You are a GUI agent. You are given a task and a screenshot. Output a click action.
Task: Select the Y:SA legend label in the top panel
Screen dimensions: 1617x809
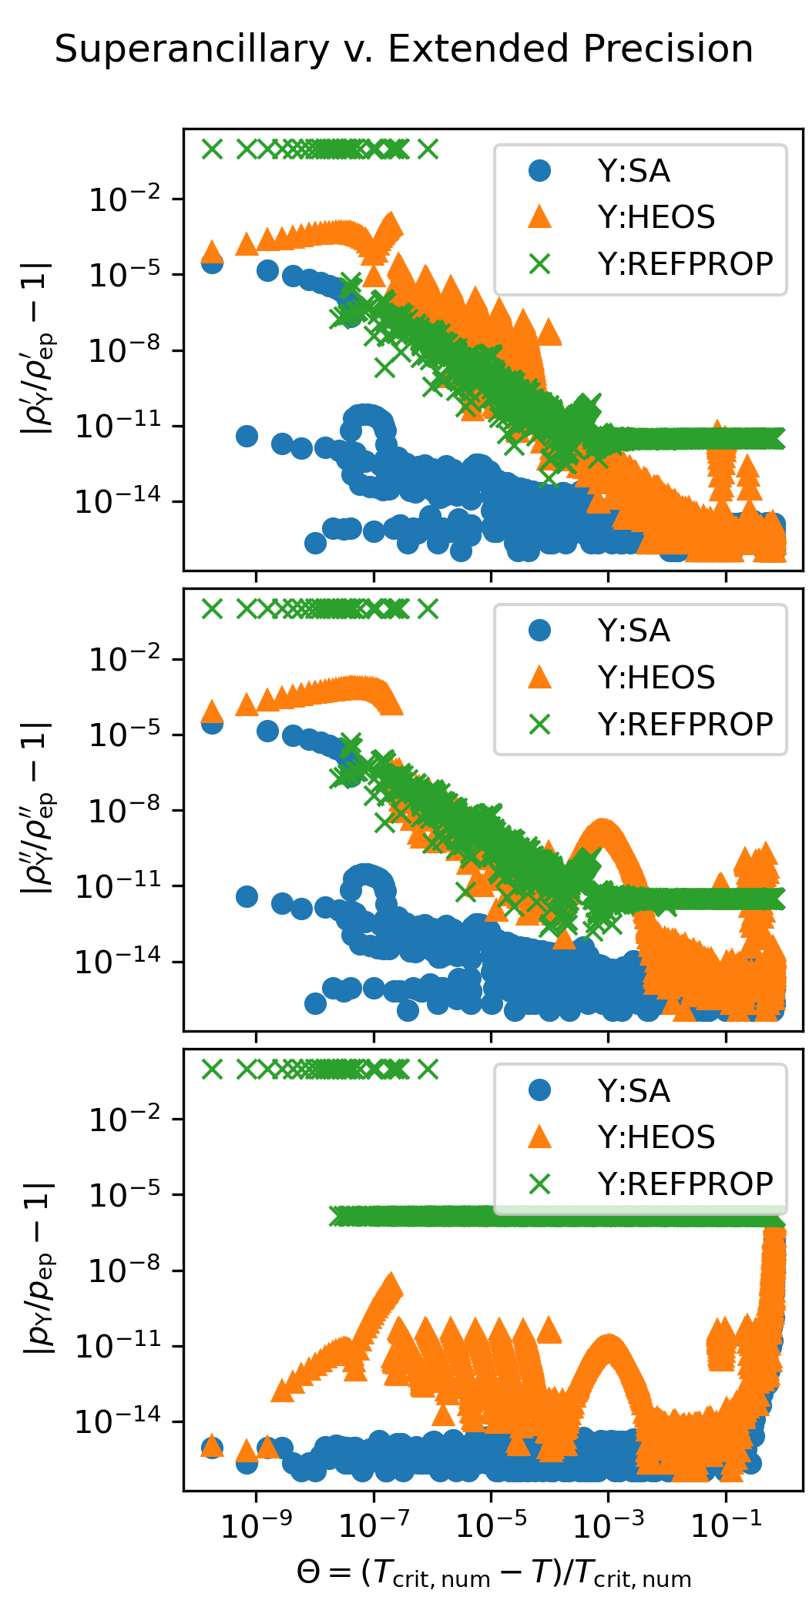(x=633, y=171)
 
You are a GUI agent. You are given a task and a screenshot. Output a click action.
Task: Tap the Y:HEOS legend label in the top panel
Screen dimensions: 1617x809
(x=656, y=217)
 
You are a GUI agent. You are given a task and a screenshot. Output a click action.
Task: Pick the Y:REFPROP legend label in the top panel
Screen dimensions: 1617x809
(x=685, y=263)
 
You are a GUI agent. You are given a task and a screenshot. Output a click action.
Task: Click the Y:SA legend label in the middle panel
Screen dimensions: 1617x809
(x=633, y=631)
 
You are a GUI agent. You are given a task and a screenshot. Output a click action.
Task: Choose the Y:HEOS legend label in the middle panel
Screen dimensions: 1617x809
(x=656, y=677)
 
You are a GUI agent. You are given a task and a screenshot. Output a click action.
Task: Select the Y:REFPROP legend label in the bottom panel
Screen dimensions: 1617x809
(x=685, y=1183)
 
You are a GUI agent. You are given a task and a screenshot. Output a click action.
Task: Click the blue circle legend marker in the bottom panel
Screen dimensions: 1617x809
(x=540, y=1090)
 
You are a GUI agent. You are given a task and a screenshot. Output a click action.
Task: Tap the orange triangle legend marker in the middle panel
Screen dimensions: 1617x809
(x=540, y=677)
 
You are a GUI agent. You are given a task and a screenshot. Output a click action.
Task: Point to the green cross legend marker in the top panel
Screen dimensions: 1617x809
(x=540, y=263)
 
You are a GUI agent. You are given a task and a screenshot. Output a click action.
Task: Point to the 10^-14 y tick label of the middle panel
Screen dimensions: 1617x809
(x=118, y=962)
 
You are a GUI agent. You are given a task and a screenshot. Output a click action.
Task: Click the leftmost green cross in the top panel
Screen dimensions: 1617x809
(x=212, y=149)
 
